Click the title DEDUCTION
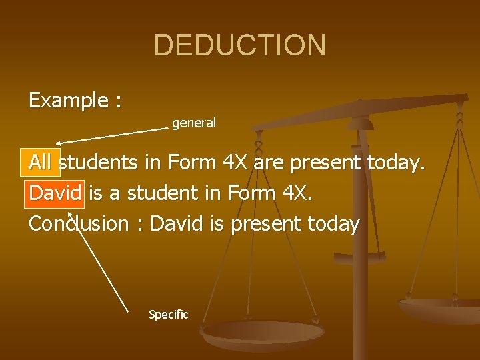pyautogui.click(x=240, y=45)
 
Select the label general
pyautogui.click(x=194, y=123)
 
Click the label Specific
pyautogui.click(x=169, y=315)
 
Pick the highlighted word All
pyautogui.click(x=40, y=162)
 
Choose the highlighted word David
pyautogui.click(x=55, y=193)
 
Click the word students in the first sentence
pyautogui.click(x=99, y=162)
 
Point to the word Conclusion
pyautogui.click(x=78, y=224)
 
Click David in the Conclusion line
pyautogui.click(x=177, y=224)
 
